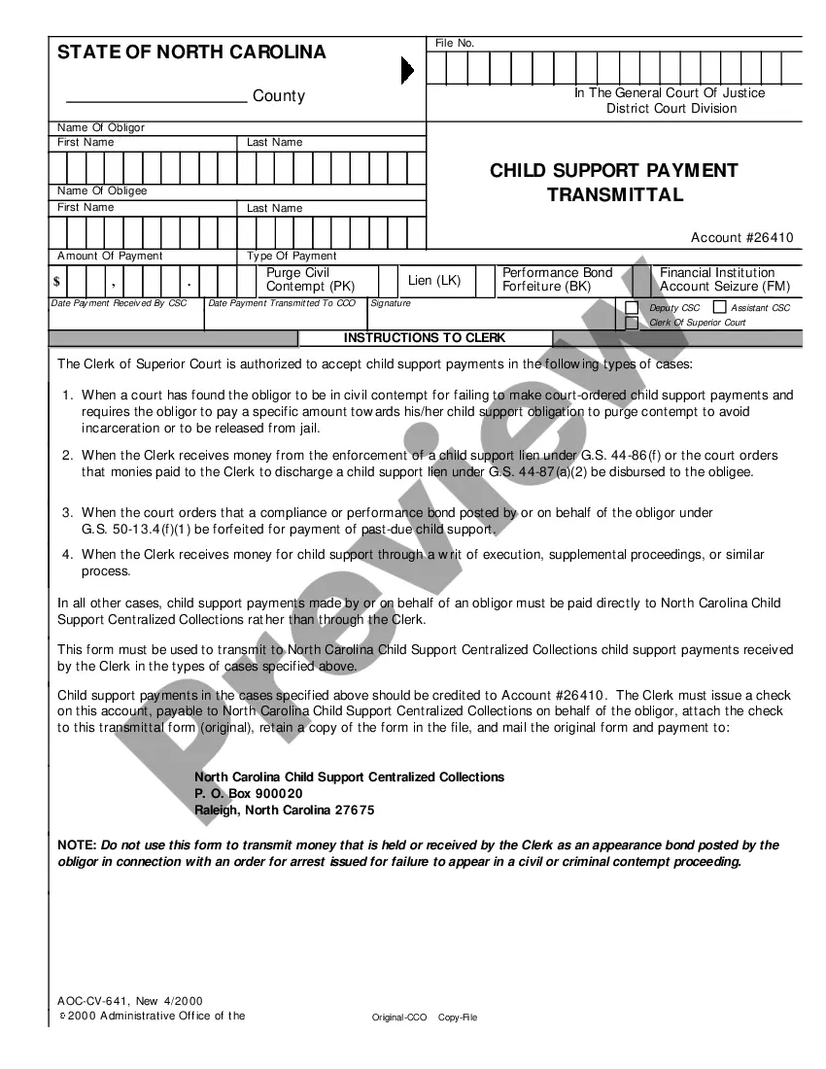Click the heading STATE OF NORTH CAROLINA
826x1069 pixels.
(x=191, y=52)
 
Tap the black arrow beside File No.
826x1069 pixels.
(x=407, y=70)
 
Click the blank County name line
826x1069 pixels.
(x=155, y=97)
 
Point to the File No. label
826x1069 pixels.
(x=454, y=44)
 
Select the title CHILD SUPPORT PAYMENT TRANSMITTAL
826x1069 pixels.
(x=614, y=182)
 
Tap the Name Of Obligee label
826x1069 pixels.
(x=102, y=191)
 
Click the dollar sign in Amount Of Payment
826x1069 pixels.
(x=57, y=282)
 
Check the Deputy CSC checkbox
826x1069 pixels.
(x=632, y=308)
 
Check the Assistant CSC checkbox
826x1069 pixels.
(x=719, y=307)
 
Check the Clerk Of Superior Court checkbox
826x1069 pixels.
(x=632, y=323)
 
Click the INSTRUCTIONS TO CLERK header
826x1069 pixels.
(x=425, y=338)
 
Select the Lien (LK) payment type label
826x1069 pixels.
(x=434, y=281)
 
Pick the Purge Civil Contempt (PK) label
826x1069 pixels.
(x=311, y=280)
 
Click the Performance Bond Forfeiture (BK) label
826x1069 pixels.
(x=557, y=280)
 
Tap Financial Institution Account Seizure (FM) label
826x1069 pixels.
(x=725, y=280)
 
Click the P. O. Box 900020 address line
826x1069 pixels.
(x=249, y=794)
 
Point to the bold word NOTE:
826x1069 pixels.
(x=77, y=845)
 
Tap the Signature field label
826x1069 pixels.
(x=391, y=303)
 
